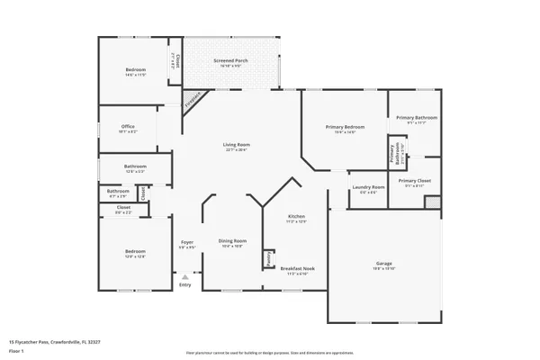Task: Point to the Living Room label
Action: [x=237, y=145]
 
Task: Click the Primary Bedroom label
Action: [x=345, y=128]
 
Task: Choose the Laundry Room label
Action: [x=368, y=187]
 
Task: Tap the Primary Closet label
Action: [x=415, y=181]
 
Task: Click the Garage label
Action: [x=384, y=264]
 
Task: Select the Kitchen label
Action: [x=296, y=217]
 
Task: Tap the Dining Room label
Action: [x=232, y=240]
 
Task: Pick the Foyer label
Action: [x=187, y=242]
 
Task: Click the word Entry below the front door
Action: [x=184, y=285]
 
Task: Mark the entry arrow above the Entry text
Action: [x=184, y=277]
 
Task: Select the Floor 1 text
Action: [x=18, y=350]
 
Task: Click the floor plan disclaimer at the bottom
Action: [x=269, y=353]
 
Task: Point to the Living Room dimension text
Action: [x=237, y=150]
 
